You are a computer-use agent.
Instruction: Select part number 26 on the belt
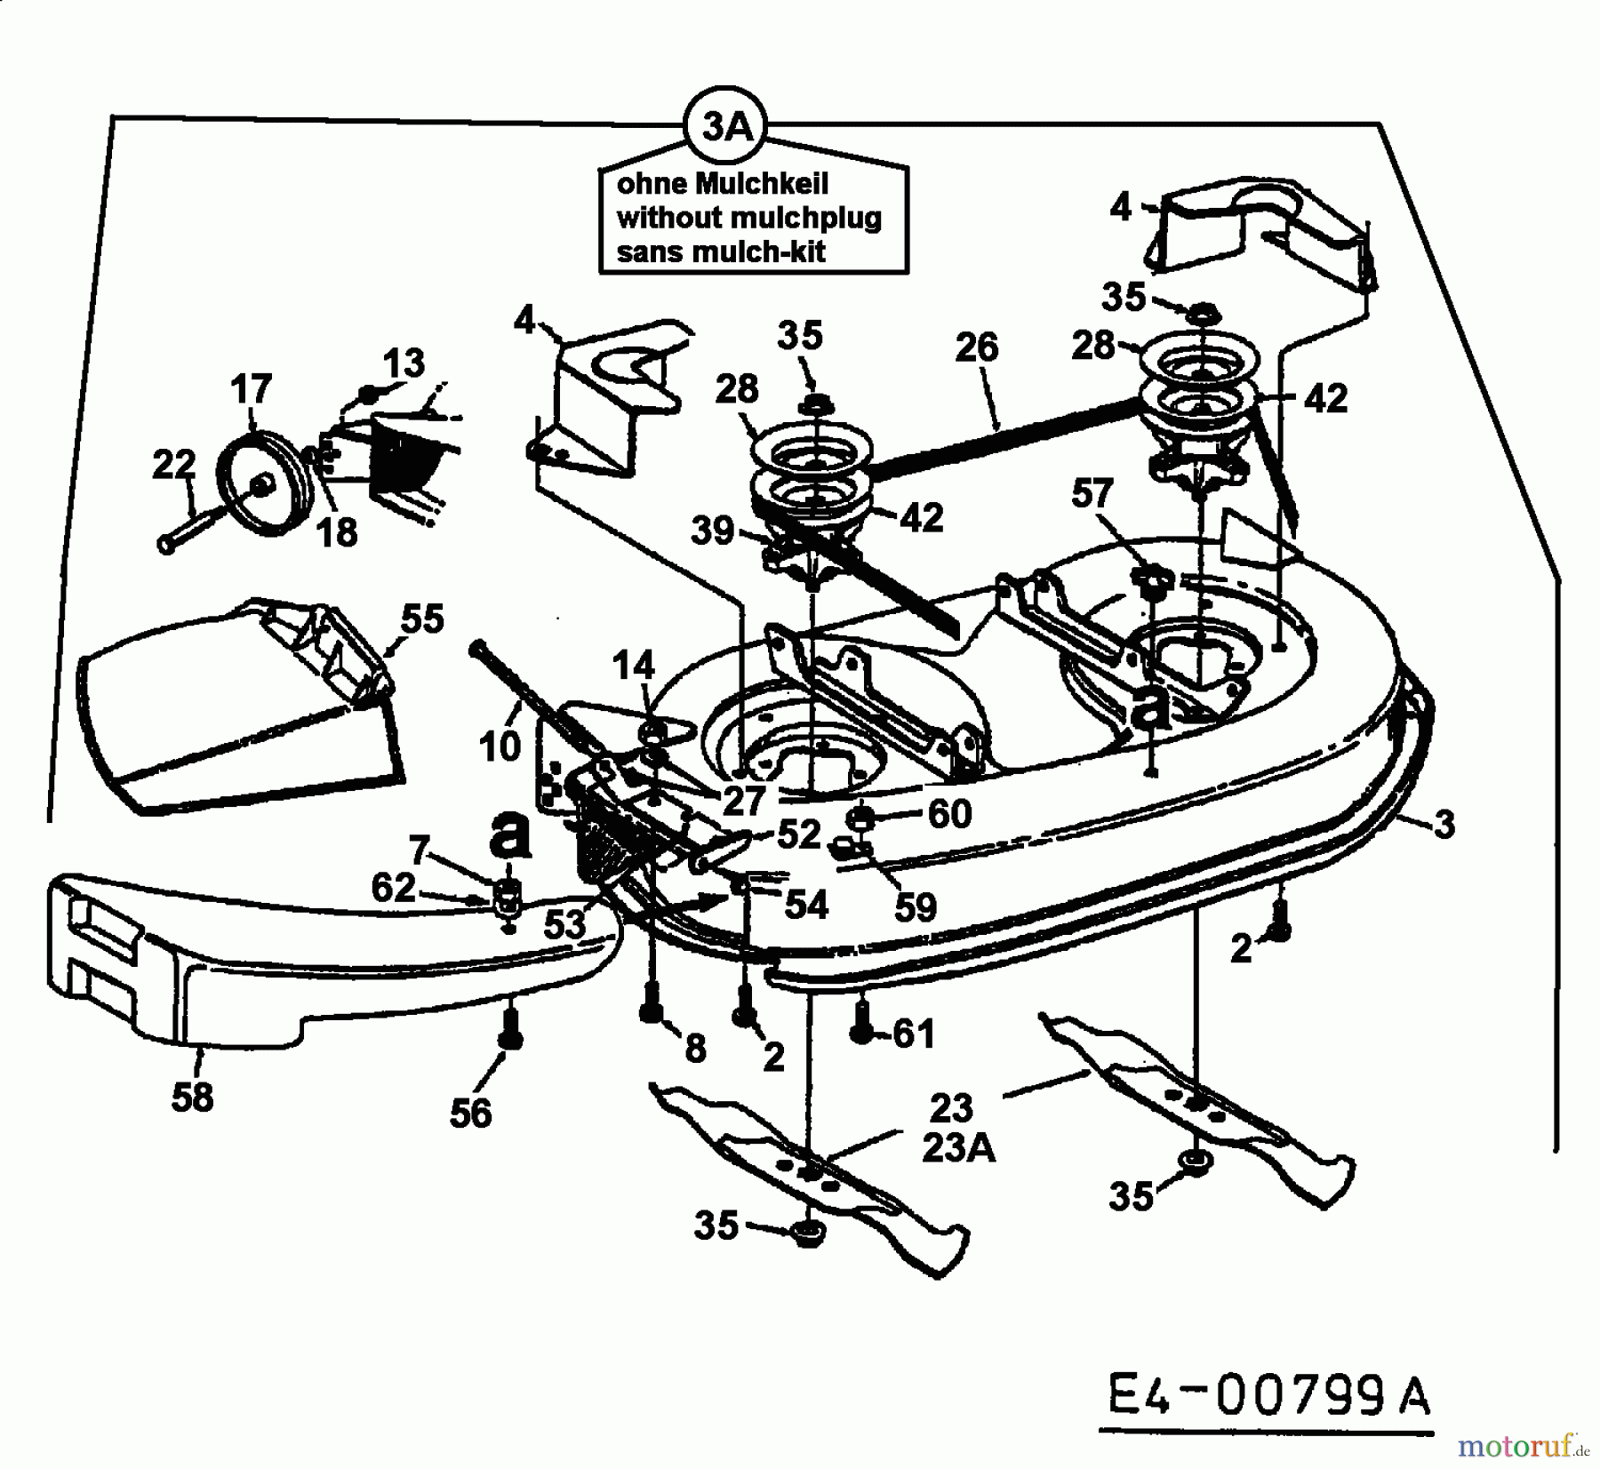[976, 347]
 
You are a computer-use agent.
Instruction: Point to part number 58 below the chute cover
[193, 1097]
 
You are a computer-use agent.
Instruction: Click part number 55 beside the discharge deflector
[421, 619]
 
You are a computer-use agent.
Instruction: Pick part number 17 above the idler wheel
[250, 389]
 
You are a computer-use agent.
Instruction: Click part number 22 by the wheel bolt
[173, 464]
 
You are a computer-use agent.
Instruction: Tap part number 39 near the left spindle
[713, 531]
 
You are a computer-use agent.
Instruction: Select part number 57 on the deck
[1092, 493]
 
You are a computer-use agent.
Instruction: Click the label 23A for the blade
[959, 1149]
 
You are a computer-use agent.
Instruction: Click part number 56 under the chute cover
[470, 1113]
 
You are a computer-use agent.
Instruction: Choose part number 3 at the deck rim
[1444, 825]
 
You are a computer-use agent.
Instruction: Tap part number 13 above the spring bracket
[404, 363]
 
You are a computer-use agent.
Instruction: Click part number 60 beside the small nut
[950, 814]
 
